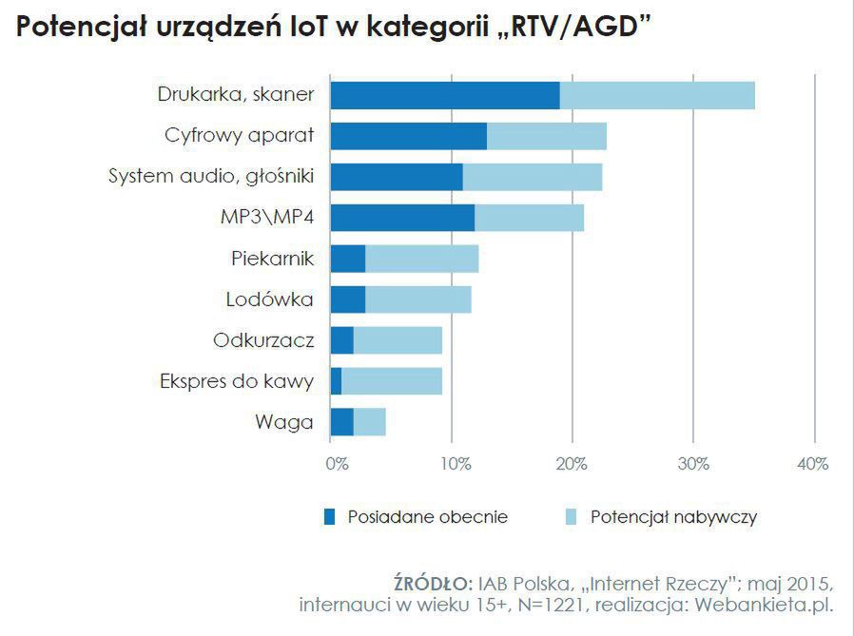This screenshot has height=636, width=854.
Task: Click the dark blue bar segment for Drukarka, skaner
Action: (444, 95)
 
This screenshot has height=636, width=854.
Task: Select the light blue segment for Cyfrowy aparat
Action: (547, 136)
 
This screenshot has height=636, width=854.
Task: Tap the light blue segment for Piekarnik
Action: (422, 259)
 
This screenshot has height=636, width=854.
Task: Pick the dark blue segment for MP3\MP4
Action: (402, 218)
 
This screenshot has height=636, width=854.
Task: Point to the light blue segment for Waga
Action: (370, 421)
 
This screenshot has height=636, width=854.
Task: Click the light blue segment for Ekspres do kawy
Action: (392, 381)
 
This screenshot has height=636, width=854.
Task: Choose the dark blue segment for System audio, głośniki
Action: (397, 177)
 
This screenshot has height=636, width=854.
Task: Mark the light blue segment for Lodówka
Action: (418, 299)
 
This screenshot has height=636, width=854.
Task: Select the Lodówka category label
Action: (270, 299)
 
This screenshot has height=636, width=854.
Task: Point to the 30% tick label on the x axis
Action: (694, 464)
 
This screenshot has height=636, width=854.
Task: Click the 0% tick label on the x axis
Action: (337, 464)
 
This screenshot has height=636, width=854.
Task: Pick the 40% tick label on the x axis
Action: (814, 464)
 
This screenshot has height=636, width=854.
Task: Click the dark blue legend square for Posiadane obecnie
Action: (330, 517)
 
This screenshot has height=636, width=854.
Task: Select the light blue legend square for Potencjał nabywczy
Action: (572, 517)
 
